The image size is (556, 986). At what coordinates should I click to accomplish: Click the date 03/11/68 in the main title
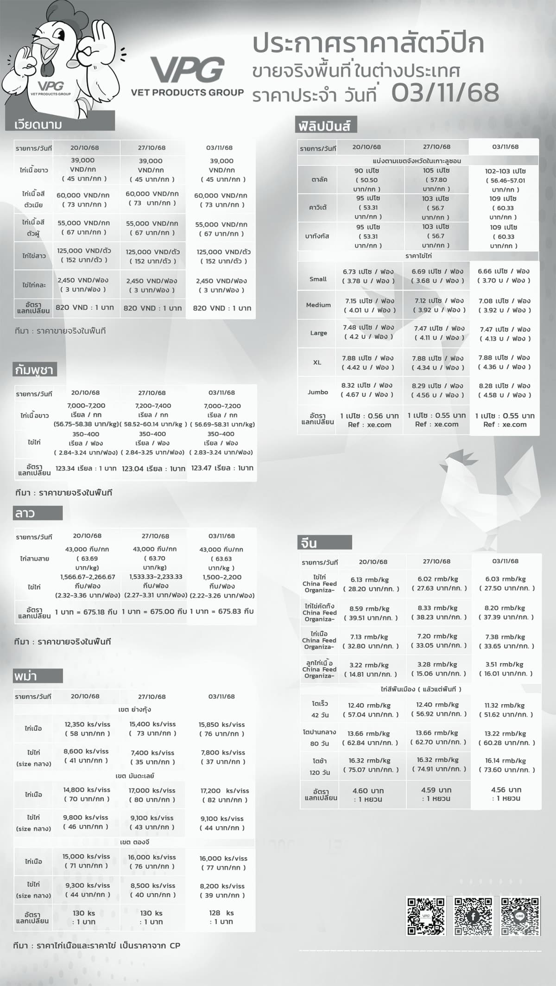coord(445,93)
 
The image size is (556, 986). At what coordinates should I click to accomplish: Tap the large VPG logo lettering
coord(188,70)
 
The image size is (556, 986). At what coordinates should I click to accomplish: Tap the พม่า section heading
coord(26,676)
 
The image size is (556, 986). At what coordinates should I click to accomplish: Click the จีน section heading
coord(309,543)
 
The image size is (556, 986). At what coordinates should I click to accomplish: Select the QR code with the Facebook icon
coord(473,916)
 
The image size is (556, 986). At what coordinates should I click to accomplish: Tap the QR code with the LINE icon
coord(520,916)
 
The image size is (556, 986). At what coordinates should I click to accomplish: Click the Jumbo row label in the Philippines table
coord(318,392)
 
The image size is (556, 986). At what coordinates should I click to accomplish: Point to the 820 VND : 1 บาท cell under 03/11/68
coord(222,308)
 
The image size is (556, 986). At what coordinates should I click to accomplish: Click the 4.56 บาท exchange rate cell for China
coord(506,794)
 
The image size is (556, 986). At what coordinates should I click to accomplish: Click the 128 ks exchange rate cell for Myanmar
coord(221,917)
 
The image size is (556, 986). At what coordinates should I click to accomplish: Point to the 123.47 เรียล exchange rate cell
coord(222,468)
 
